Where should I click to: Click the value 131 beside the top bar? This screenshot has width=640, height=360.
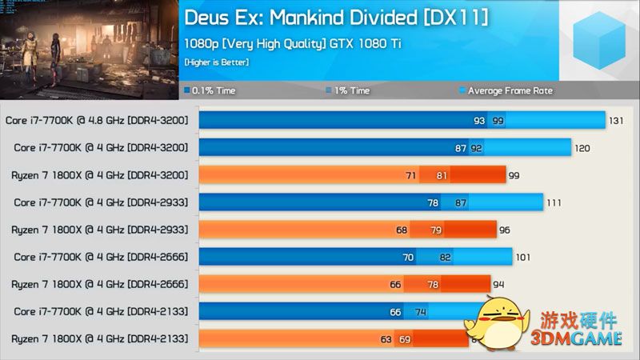[616, 120]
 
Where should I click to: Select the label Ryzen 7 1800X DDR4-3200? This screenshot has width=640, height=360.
[99, 174]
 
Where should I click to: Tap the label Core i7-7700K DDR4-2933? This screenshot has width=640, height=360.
[101, 202]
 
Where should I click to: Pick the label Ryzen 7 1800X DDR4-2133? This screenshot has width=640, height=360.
[99, 339]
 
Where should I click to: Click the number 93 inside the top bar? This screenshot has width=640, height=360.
[479, 120]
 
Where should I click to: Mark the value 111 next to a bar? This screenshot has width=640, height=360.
[554, 202]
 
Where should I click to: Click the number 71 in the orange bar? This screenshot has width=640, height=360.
[411, 174]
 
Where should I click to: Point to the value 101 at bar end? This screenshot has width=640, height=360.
[522, 257]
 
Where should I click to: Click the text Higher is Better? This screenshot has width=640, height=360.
[216, 62]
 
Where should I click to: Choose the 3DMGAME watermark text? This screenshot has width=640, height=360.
[577, 339]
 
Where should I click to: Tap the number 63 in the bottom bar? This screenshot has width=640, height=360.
[386, 339]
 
